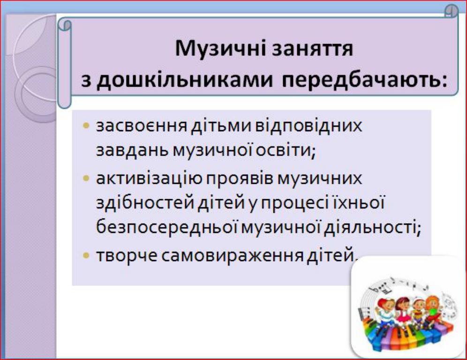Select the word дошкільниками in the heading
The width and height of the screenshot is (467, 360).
coord(185,81)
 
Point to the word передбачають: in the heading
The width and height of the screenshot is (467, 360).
coord(364,81)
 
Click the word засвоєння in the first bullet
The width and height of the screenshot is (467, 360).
coord(142,126)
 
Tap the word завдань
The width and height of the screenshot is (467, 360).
coord(133,150)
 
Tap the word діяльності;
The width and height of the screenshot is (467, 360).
coord(372,228)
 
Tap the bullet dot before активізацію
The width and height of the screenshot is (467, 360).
coord(86,179)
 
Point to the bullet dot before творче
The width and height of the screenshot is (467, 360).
coord(86,255)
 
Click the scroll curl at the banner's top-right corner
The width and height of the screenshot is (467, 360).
coord(452,11)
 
